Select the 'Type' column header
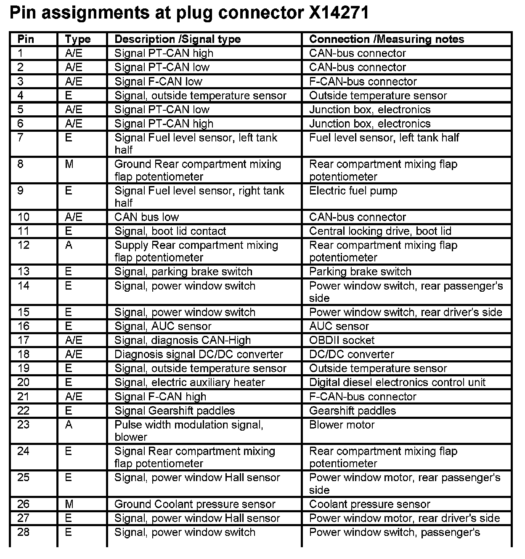coord(78,39)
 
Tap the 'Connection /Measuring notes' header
coord(387,39)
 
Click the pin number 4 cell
coord(21,96)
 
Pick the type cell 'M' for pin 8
coord(69,164)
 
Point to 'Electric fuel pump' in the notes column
coord(353,191)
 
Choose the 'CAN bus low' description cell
coord(146,217)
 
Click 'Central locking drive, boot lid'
coord(380,231)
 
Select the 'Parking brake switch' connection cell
coord(360,272)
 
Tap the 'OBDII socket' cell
coord(342,340)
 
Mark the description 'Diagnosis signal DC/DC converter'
coord(199,354)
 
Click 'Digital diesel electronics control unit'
coord(397,382)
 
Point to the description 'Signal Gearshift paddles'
coord(175,411)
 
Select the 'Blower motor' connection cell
coord(342,425)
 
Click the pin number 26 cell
coord(24,504)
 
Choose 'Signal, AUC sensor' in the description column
coord(163,326)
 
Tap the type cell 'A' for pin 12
coord(69,245)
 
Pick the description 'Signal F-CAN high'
coord(160,397)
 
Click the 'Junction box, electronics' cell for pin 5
coord(370,110)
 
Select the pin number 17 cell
coord(24,340)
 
